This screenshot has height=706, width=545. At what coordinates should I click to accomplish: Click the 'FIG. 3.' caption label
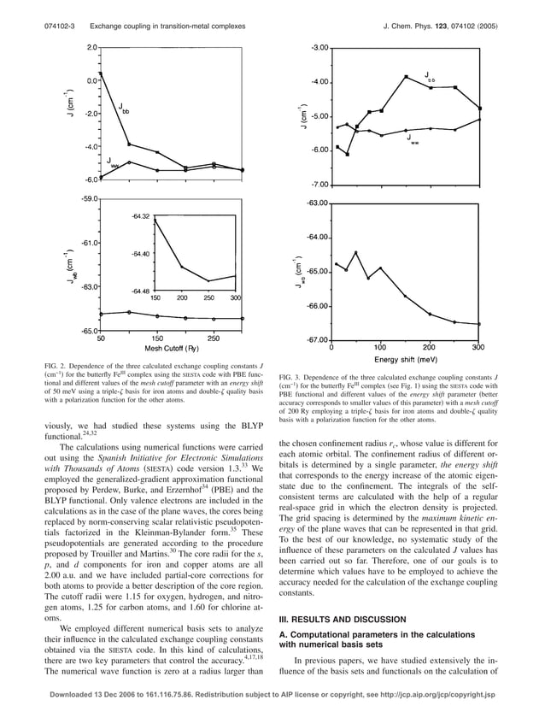point(292,376)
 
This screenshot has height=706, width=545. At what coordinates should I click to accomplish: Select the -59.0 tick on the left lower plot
point(86,198)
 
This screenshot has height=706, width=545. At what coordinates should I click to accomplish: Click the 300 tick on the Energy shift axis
point(478,348)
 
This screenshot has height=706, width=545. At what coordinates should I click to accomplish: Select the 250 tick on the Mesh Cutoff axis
point(214,338)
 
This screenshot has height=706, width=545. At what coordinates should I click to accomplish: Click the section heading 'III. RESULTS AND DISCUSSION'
point(341,619)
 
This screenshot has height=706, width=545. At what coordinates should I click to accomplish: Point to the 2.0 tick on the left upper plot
point(91,47)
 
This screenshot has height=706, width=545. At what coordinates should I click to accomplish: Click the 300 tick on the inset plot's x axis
point(236,297)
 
